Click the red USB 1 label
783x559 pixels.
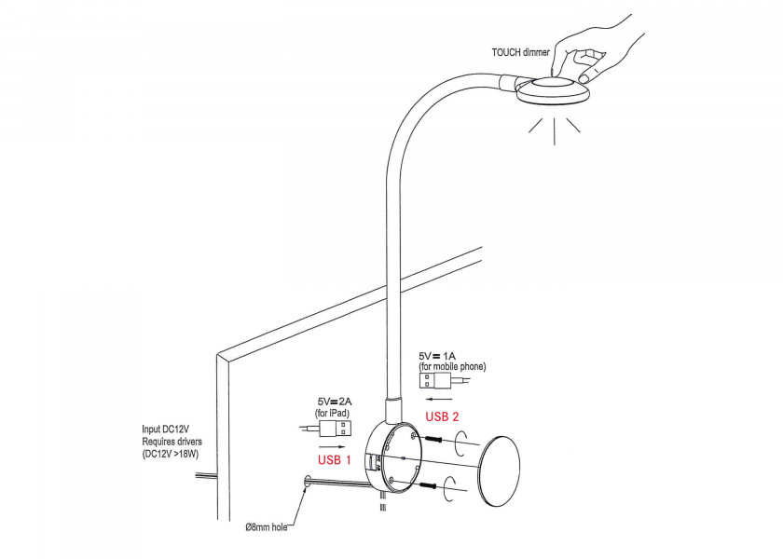tap(335, 459)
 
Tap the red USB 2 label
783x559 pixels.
tap(442, 416)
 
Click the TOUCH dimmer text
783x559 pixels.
tap(521, 52)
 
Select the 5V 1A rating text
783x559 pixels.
tap(437, 356)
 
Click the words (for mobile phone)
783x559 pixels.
tap(452, 367)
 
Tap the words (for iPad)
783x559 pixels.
tap(334, 412)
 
